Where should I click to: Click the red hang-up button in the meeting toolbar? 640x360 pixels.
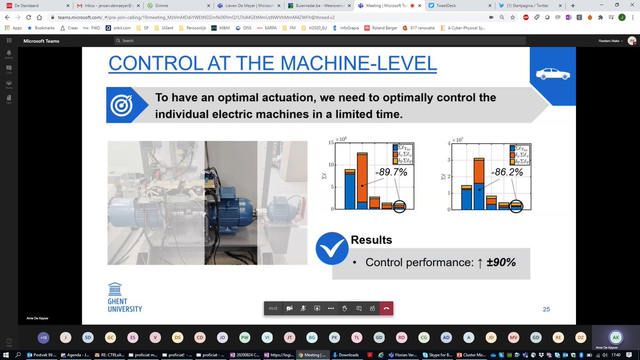click(x=386, y=308)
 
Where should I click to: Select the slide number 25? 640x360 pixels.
click(x=546, y=309)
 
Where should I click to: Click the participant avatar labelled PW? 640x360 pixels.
click(x=245, y=338)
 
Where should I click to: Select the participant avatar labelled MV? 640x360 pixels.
click(x=514, y=338)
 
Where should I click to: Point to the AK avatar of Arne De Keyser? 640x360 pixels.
click(x=616, y=338)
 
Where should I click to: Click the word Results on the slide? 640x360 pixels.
click(x=371, y=241)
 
